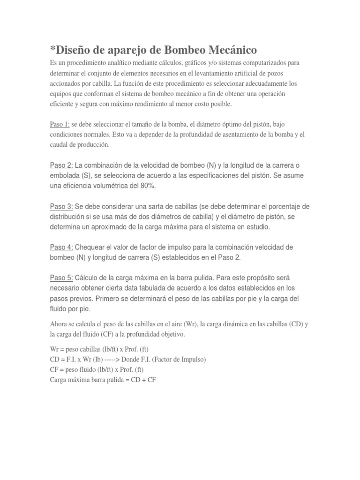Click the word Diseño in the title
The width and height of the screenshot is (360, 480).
coord(73,50)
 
